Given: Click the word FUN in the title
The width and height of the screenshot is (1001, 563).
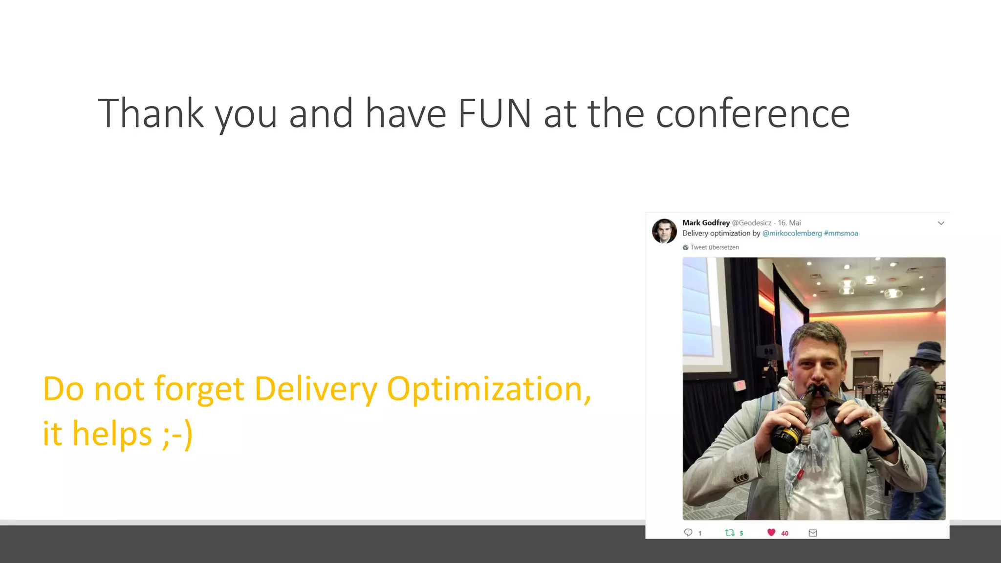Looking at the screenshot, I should pyautogui.click(x=494, y=113).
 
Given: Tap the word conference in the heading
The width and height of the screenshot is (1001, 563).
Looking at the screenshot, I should pyautogui.click(x=752, y=113).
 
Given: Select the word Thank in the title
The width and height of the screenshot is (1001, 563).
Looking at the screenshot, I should pyautogui.click(x=151, y=113).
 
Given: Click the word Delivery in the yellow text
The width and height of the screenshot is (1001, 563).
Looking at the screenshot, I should pyautogui.click(x=316, y=390).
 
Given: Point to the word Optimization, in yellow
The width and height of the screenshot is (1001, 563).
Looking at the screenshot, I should pyautogui.click(x=489, y=390).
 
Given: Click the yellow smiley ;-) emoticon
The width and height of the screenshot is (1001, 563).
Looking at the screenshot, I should pyautogui.click(x=177, y=434).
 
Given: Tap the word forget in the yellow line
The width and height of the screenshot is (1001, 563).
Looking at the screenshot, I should pyautogui.click(x=199, y=390).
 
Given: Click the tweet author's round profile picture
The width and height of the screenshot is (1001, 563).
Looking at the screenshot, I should pyautogui.click(x=664, y=231).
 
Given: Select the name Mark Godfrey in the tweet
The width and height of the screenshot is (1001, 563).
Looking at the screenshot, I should pyautogui.click(x=706, y=223).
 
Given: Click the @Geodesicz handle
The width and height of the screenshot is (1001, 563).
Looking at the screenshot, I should pyautogui.click(x=751, y=223).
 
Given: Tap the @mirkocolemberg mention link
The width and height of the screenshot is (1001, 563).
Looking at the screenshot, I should pyautogui.click(x=792, y=234).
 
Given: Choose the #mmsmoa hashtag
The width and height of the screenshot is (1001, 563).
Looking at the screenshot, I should pyautogui.click(x=841, y=234).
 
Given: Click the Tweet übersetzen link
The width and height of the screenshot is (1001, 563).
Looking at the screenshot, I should pyautogui.click(x=714, y=247).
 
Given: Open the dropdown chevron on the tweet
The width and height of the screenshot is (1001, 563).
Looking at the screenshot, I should pyautogui.click(x=941, y=223).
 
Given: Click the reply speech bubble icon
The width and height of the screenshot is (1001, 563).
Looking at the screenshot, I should pyautogui.click(x=688, y=533).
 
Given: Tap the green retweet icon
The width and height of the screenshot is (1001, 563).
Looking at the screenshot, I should pyautogui.click(x=730, y=533).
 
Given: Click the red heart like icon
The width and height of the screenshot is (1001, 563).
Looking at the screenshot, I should pyautogui.click(x=771, y=533).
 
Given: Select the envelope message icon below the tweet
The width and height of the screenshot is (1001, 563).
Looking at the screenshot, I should pyautogui.click(x=813, y=533).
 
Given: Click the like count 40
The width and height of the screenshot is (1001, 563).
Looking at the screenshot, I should pyautogui.click(x=784, y=533).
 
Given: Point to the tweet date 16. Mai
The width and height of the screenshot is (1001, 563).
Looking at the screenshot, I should pyautogui.click(x=789, y=223).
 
